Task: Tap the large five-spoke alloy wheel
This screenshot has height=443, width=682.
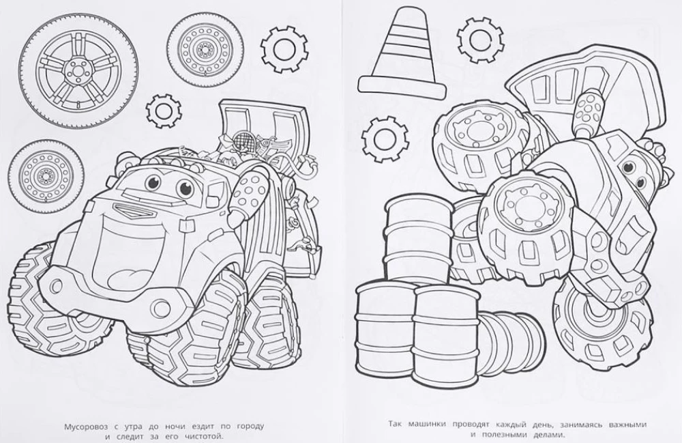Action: (x=78, y=70)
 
